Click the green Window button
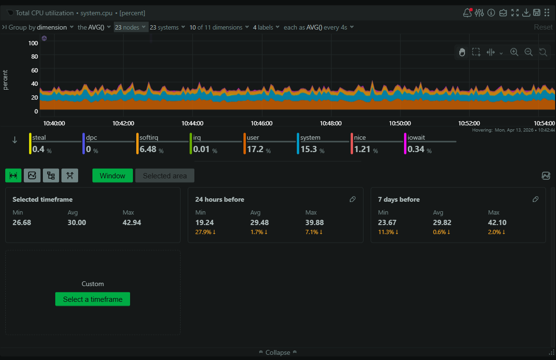point(112,175)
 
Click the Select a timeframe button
point(92,299)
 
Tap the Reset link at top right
point(543,27)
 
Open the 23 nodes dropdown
point(130,27)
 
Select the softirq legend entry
point(149,138)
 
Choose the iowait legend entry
point(416,138)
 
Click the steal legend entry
point(39,138)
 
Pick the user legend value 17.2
point(255,149)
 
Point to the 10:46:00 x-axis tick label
point(262,123)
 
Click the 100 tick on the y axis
point(33,43)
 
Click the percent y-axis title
point(6,80)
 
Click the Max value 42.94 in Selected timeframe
point(131,222)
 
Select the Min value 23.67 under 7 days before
point(387,222)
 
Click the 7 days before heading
point(399,199)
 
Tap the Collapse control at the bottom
point(278,352)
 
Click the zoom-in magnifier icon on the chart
point(514,52)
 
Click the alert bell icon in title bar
point(467,13)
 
